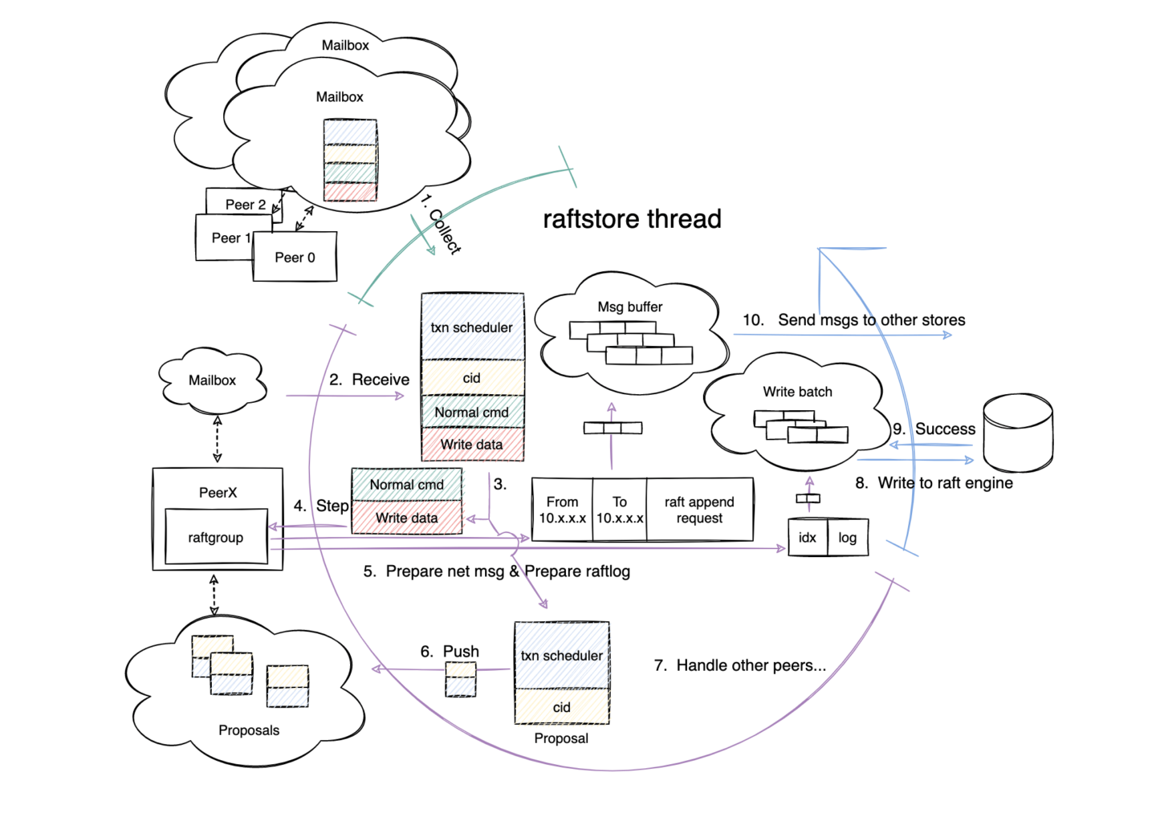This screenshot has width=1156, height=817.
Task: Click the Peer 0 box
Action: pos(295,257)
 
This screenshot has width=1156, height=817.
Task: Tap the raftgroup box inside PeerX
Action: pos(216,537)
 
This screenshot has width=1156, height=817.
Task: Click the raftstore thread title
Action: pos(632,218)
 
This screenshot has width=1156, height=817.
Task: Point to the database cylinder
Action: pos(1018,433)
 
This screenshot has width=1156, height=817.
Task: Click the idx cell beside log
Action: pos(807,538)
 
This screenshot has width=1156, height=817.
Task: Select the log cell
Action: pos(847,538)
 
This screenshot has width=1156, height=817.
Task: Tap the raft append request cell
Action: pos(699,510)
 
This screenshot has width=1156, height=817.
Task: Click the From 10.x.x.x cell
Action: pos(562,510)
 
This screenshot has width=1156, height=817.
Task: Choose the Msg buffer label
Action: pos(629,307)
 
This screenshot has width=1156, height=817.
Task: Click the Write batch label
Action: pos(797,392)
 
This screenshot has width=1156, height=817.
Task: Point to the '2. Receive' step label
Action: pos(369,380)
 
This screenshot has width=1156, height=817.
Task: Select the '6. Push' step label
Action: pos(450,651)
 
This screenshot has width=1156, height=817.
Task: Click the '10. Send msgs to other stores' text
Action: pos(853,319)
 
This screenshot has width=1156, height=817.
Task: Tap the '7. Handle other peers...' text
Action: pos(739,665)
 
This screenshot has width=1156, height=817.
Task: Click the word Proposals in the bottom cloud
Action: pos(249,730)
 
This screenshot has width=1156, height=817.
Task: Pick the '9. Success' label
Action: pos(934,429)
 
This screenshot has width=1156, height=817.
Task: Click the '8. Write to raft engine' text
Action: pos(934,482)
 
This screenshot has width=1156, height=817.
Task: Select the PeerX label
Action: pos(218,492)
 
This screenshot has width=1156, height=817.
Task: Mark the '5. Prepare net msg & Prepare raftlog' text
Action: pos(496,571)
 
